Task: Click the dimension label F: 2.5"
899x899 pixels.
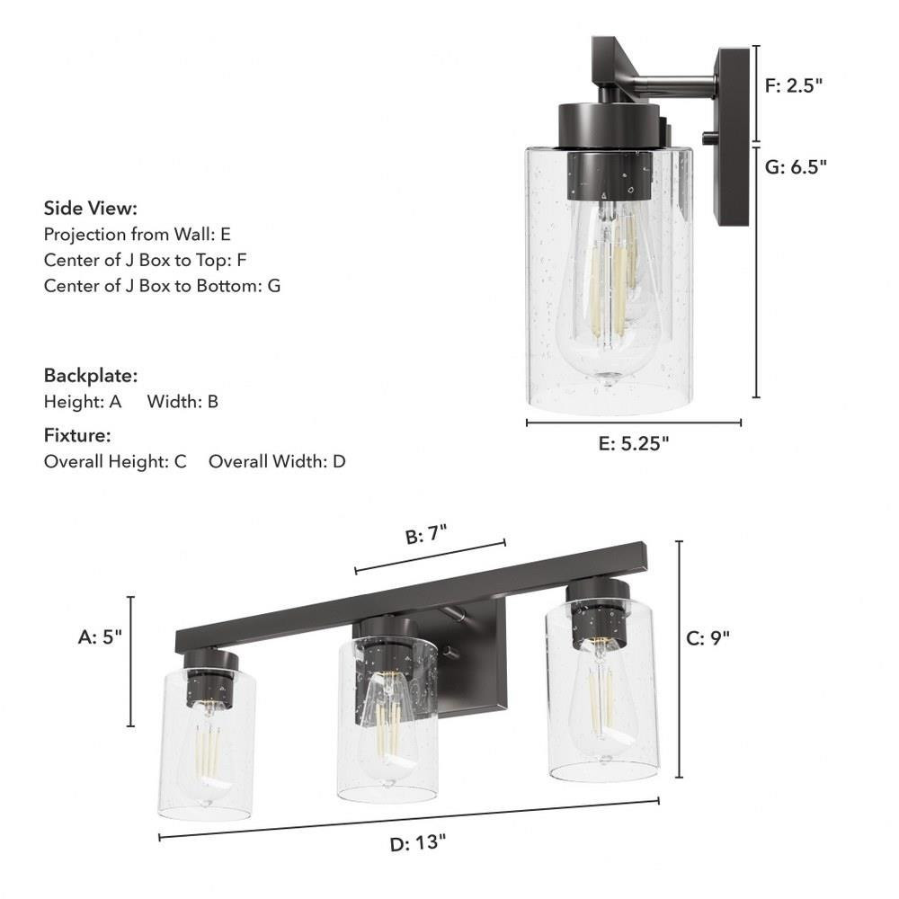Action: pyautogui.click(x=794, y=85)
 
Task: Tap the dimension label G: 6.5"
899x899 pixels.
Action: pyautogui.click(x=796, y=167)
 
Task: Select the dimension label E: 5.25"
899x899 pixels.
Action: pyautogui.click(x=634, y=443)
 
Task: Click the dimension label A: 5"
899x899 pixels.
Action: pyautogui.click(x=100, y=636)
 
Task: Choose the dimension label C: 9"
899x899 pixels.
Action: pyautogui.click(x=708, y=637)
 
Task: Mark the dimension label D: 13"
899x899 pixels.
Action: pyautogui.click(x=417, y=843)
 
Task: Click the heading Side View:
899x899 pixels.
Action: pyautogui.click(x=91, y=209)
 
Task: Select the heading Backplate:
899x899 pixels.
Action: pyautogui.click(x=91, y=376)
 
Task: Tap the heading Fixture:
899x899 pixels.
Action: pyautogui.click(x=77, y=435)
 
